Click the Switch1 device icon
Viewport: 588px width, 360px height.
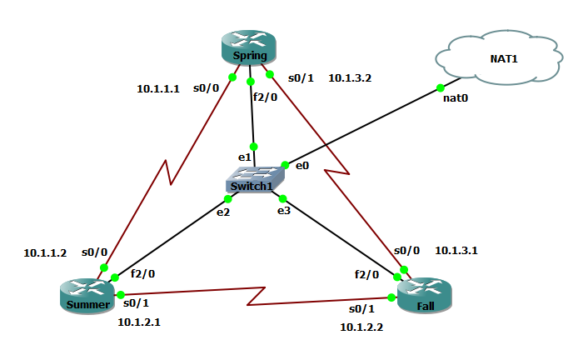point(254,180)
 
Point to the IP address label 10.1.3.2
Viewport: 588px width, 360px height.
point(350,78)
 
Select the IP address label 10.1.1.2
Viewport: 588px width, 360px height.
point(45,252)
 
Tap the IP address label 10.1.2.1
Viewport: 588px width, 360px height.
point(139,322)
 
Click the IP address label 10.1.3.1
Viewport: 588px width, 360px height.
point(456,250)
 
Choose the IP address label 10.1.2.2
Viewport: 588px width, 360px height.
point(361,327)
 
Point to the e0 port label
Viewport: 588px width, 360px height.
point(302,165)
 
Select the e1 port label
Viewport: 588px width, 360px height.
point(244,157)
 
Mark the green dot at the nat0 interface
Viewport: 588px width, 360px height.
point(439,87)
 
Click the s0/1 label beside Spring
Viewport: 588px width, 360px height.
point(301,78)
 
